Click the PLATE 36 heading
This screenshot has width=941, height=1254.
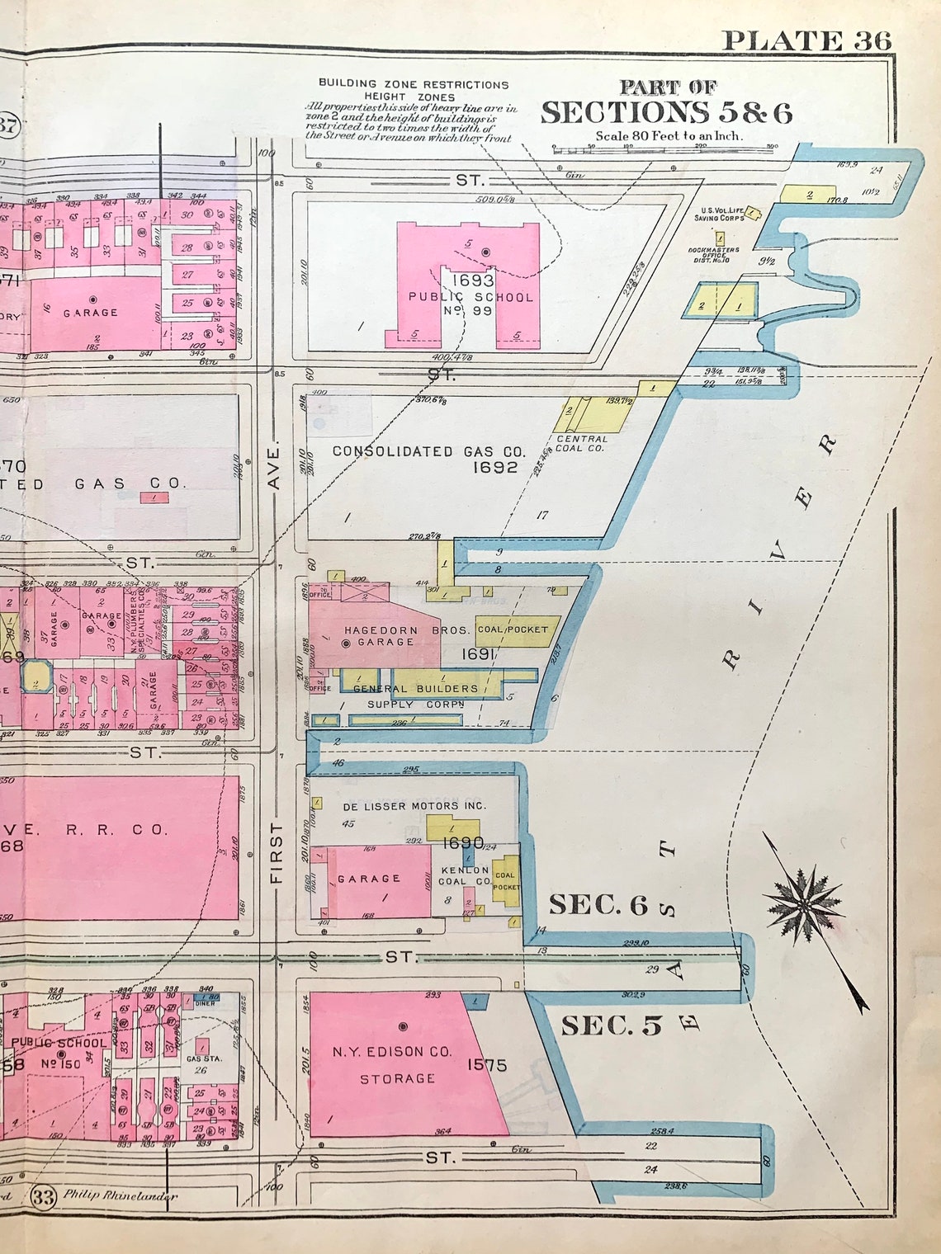click(806, 40)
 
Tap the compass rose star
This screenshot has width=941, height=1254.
click(801, 904)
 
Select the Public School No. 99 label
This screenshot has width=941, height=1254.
click(470, 296)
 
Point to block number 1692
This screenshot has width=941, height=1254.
click(494, 468)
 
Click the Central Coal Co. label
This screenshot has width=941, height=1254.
click(580, 444)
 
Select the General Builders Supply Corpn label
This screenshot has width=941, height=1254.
click(414, 695)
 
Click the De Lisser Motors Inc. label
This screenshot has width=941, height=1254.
click(414, 806)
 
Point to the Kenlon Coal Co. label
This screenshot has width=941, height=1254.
click(465, 875)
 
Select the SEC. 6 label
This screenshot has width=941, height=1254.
click(598, 905)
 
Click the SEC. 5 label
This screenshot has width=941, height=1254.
click(612, 1025)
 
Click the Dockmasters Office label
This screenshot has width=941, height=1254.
click(713, 254)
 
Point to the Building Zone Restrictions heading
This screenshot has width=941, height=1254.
click(414, 84)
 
